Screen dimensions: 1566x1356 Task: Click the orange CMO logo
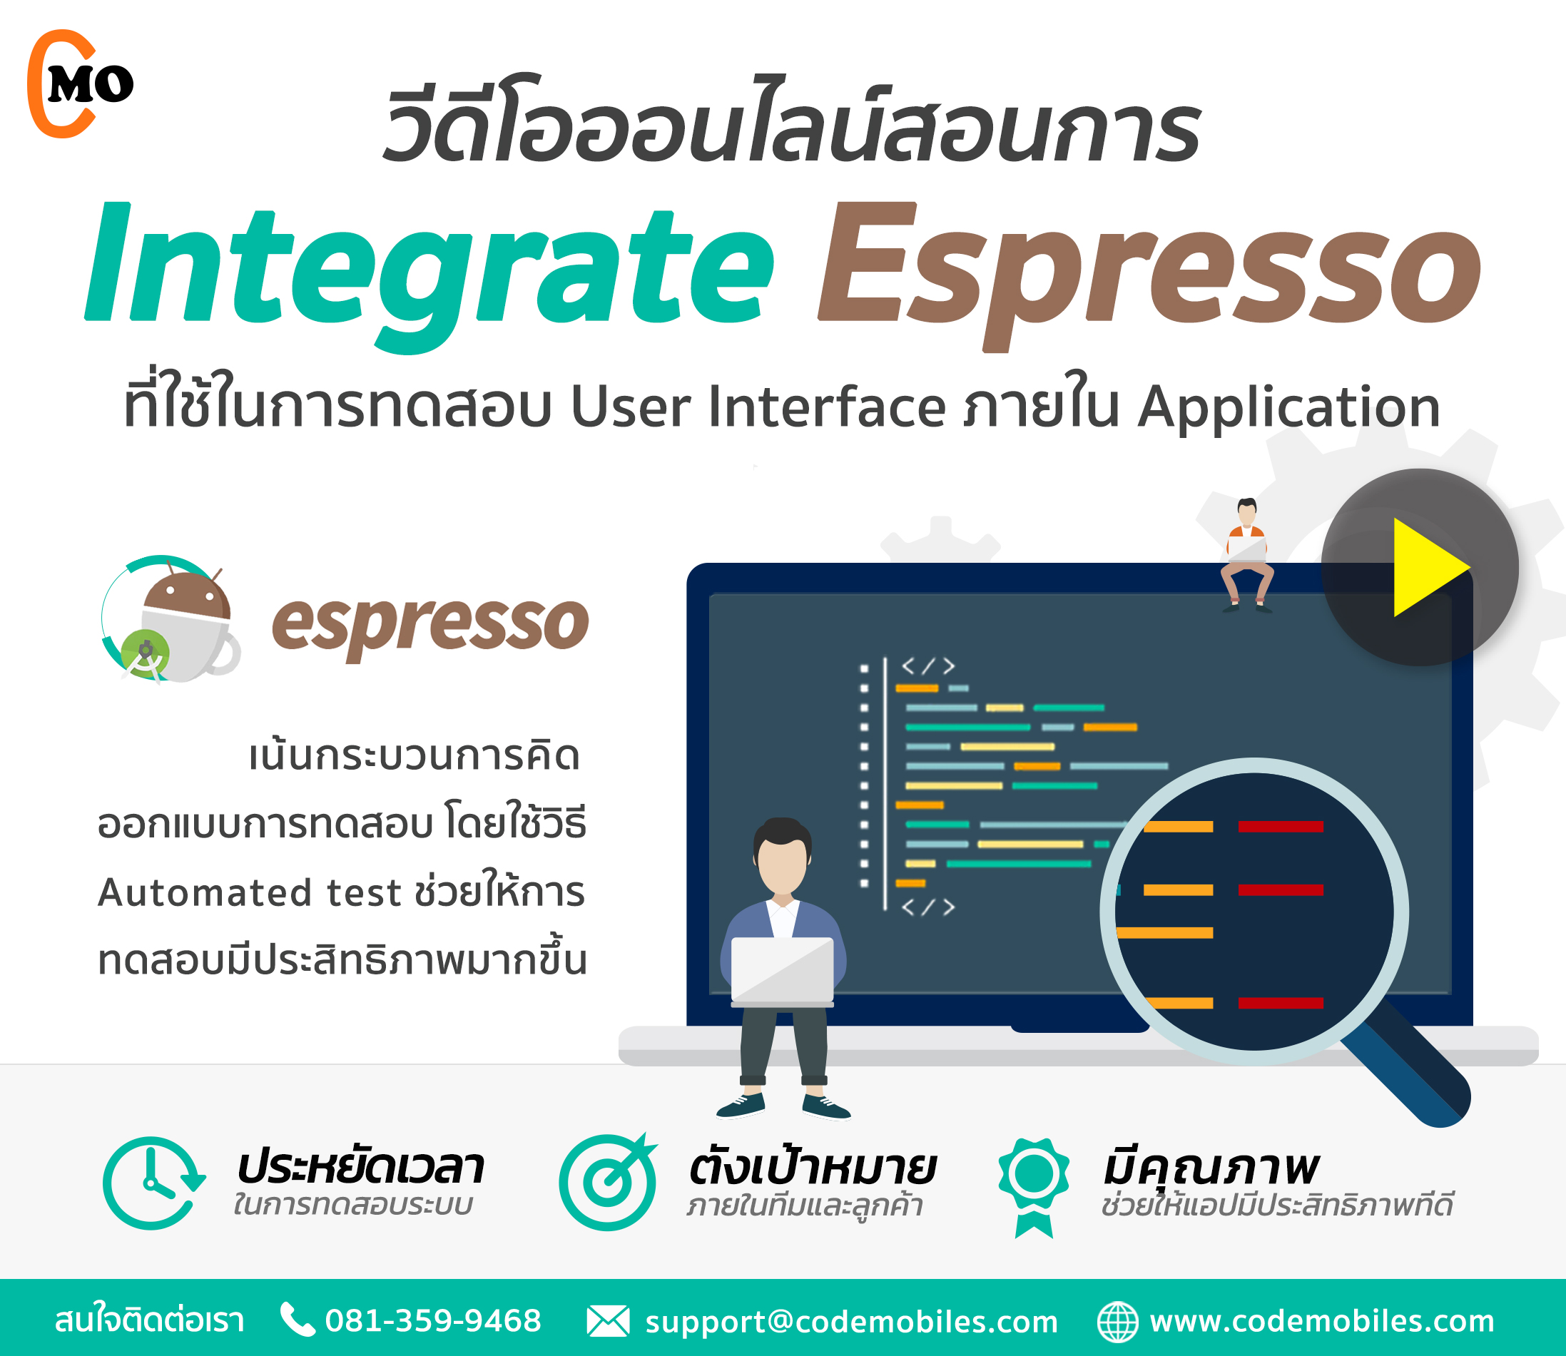(x=79, y=84)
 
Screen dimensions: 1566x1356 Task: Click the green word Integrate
(x=429, y=276)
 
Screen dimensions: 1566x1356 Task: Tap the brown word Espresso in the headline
(x=1149, y=276)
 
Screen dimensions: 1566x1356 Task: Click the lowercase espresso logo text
(x=430, y=626)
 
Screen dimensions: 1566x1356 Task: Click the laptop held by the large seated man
(x=783, y=972)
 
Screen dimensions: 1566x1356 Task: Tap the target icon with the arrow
(x=608, y=1181)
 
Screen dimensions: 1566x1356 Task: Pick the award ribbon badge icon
(x=1034, y=1187)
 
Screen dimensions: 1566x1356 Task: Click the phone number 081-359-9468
(x=433, y=1320)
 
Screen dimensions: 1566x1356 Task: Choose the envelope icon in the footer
(x=608, y=1321)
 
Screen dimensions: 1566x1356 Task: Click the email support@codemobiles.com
(x=852, y=1322)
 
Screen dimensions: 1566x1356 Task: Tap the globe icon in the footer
(x=1118, y=1321)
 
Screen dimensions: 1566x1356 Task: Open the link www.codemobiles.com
(x=1322, y=1320)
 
